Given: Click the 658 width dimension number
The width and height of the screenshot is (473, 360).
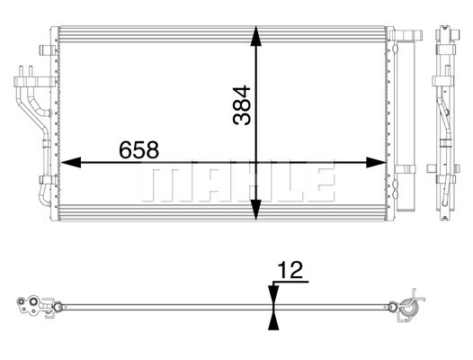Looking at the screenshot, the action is [138, 149].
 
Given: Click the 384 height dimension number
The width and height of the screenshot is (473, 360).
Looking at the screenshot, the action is [242, 105].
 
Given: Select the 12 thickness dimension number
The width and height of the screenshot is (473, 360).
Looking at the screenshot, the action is [290, 270].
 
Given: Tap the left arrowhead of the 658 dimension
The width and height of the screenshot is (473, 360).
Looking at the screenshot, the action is [70, 163].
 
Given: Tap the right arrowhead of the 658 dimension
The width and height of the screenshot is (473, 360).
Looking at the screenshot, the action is [376, 163].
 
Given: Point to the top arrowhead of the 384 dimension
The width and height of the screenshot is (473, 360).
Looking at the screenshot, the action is [256, 36].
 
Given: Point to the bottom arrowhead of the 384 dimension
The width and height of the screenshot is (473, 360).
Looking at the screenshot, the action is [256, 210].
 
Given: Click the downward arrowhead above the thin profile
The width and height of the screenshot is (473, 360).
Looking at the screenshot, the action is [273, 294].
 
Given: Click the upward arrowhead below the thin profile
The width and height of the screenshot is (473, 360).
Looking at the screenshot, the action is [273, 320].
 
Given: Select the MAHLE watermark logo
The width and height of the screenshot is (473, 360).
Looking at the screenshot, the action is [238, 184].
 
